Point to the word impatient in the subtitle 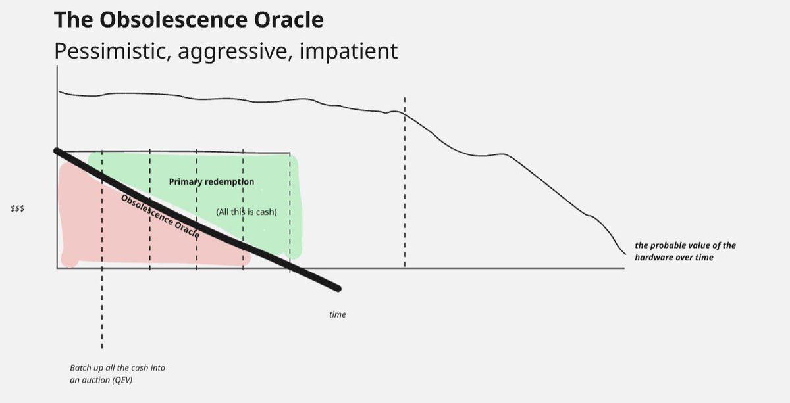click(x=348, y=51)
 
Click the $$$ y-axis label click(x=17, y=208)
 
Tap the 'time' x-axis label click(x=337, y=315)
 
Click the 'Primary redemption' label click(x=211, y=182)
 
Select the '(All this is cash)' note click(x=246, y=212)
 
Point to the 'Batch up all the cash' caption click(x=117, y=368)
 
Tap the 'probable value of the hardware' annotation click(x=685, y=251)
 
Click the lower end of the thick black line click(x=338, y=288)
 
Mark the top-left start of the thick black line click(x=57, y=151)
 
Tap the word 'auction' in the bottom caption click(x=98, y=380)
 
